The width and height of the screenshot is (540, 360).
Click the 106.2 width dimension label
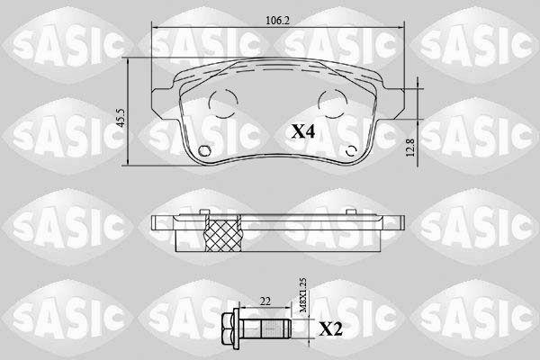click(x=277, y=21)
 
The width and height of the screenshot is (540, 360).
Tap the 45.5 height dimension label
click(x=121, y=118)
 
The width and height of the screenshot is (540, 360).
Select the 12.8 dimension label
click(x=410, y=148)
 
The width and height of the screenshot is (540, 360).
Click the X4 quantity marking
click(x=303, y=131)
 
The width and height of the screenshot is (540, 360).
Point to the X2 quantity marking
click(x=331, y=329)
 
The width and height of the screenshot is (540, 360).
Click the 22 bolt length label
click(x=265, y=301)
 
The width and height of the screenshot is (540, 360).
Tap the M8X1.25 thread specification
click(x=303, y=295)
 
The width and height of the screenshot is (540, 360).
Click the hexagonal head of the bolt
click(x=228, y=328)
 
